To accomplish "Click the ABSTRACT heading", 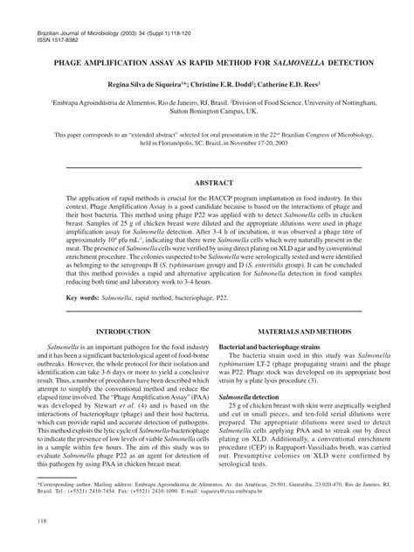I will (x=207, y=181).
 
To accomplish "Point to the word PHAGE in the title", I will (x=75, y=64).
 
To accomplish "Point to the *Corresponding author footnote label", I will (x=65, y=482).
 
